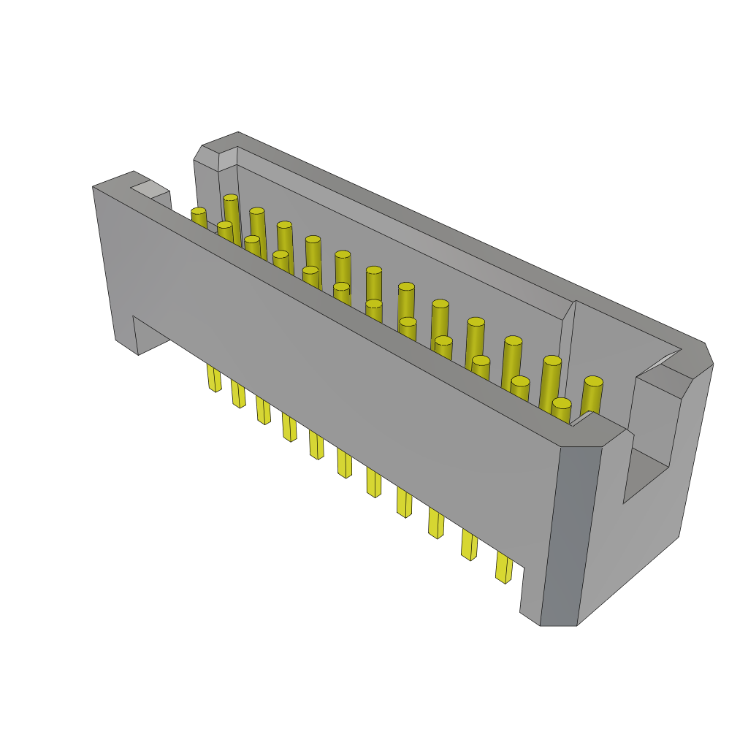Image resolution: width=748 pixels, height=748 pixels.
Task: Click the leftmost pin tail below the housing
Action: (213, 378)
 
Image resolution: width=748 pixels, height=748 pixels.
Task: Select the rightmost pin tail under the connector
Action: (503, 567)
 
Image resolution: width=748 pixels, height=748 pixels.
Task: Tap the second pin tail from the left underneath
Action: (238, 393)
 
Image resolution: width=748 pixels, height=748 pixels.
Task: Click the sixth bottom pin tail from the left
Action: (344, 462)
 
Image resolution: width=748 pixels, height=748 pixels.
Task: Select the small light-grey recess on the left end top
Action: (150, 189)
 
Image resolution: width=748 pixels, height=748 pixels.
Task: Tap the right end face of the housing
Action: (650, 526)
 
